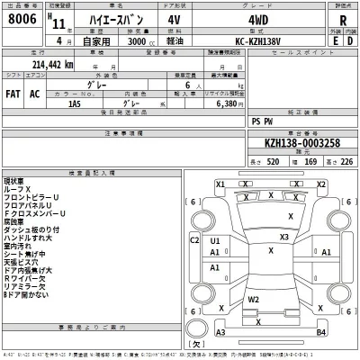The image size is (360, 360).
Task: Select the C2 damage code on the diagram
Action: (x=194, y=240)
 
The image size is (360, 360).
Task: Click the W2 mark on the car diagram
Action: (x=255, y=298)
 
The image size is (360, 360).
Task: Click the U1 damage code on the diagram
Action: (x=215, y=241)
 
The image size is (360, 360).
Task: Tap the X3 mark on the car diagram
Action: (x=283, y=237)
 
